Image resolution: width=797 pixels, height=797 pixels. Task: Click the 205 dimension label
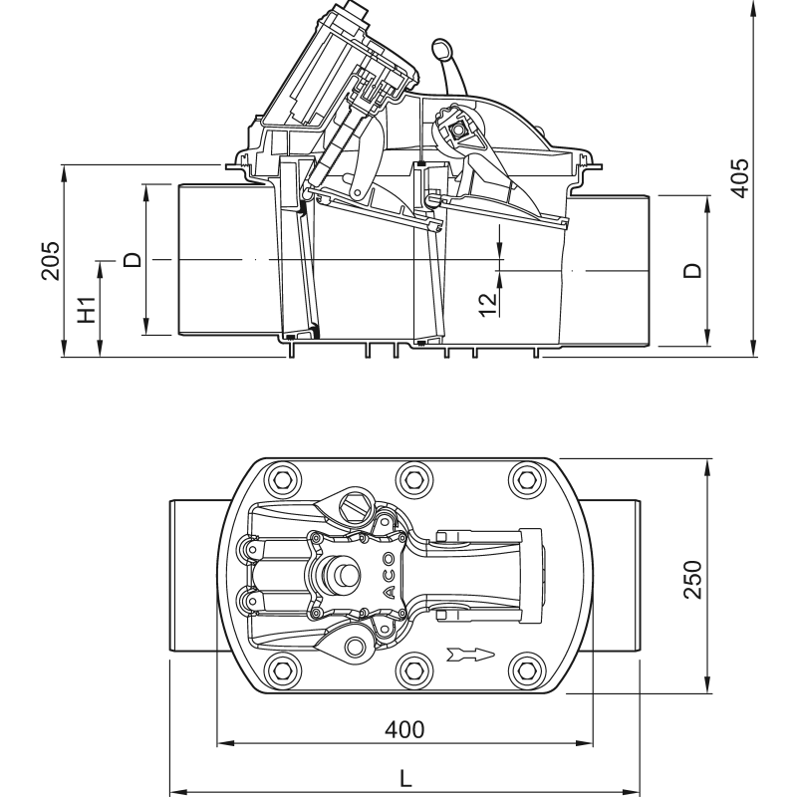(51, 260)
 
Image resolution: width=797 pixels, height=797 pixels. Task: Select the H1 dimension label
(88, 309)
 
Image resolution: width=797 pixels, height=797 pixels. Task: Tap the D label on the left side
(133, 261)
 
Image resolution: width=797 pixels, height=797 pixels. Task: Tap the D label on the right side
(693, 270)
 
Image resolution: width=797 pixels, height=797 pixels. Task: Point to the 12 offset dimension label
(486, 303)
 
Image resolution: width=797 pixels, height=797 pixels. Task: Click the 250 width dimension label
(694, 578)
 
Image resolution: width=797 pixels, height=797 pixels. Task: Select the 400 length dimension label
(405, 729)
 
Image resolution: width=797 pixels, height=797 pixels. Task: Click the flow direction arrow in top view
(470, 655)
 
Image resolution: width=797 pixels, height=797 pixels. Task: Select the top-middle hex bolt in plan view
(410, 478)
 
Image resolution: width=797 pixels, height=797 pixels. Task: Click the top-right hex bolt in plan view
(526, 479)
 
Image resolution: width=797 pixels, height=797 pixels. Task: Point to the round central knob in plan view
(346, 575)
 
